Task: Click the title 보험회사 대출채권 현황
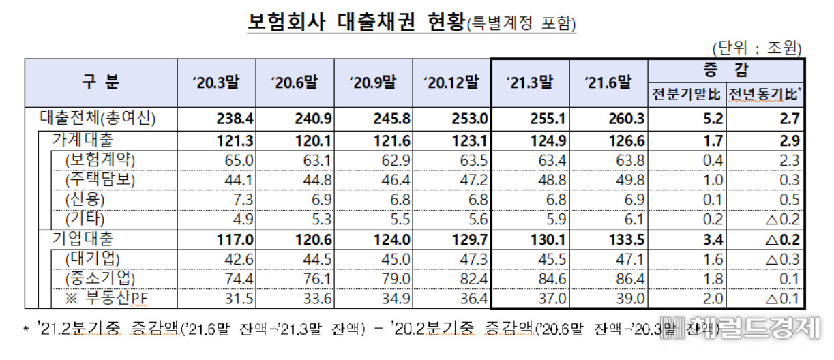(357, 22)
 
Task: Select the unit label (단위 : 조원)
(757, 48)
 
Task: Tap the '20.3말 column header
(216, 82)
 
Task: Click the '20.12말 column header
(451, 82)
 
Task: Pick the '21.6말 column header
(608, 82)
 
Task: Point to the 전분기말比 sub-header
(686, 94)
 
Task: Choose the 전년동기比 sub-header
(764, 94)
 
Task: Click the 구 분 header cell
(100, 82)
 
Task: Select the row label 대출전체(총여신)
(98, 119)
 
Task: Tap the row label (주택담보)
(100, 180)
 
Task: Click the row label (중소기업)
(100, 278)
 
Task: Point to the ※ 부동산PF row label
(106, 298)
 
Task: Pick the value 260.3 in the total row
(626, 119)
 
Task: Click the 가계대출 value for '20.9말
(391, 141)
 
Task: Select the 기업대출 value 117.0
(235, 240)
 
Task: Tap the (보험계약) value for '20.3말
(239, 161)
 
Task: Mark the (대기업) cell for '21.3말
(552, 260)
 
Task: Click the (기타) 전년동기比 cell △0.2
(783, 220)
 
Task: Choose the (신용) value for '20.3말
(243, 200)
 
